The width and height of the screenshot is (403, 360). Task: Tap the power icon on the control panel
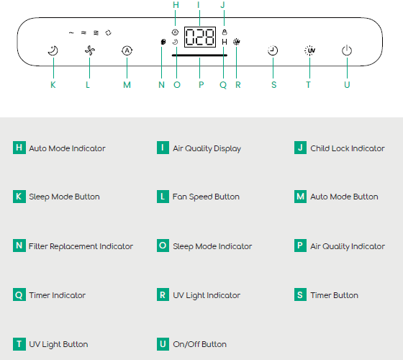coord(347,50)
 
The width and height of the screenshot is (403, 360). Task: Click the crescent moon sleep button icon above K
coord(53,50)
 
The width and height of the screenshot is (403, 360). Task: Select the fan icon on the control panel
coord(90,50)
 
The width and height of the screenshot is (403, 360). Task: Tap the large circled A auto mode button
coord(127,50)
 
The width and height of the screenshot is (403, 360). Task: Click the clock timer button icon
coord(273,50)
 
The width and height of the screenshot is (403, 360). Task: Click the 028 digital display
coord(200,37)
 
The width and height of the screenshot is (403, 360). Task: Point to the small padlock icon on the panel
coord(225,32)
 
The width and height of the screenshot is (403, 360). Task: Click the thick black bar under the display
coord(199,55)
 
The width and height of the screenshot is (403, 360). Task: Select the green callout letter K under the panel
coord(53,85)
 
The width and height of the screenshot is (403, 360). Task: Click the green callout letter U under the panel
coord(347,85)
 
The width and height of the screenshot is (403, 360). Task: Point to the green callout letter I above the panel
coord(199,5)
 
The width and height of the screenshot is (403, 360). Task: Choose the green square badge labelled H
coord(19,148)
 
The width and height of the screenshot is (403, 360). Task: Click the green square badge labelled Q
coord(19,294)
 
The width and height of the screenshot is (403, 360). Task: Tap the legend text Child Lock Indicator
coord(348,148)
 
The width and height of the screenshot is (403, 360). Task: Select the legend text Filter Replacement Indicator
coord(81,246)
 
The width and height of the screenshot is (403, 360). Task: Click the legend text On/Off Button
coord(200,344)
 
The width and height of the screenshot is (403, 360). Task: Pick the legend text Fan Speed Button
coord(206,197)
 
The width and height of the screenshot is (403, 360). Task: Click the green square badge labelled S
coord(300,294)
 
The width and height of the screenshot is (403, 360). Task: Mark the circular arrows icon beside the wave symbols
coord(108,33)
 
